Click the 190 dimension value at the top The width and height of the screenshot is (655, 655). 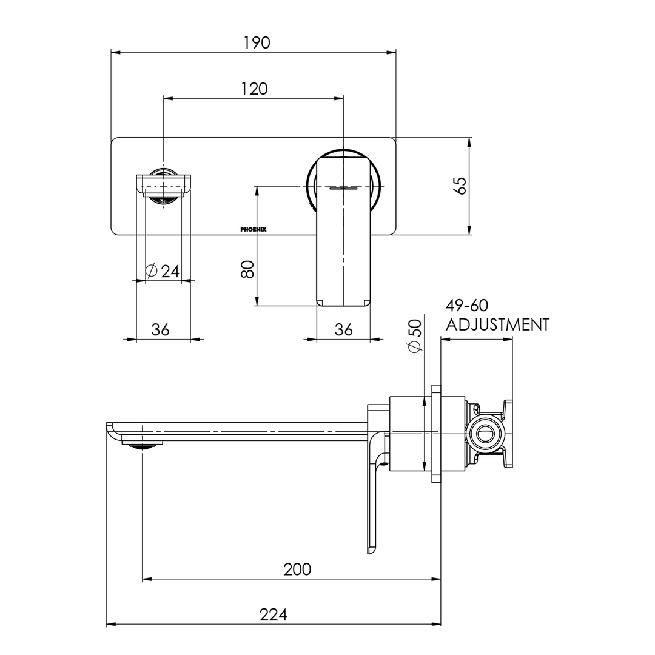257,42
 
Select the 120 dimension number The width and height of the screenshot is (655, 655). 254,89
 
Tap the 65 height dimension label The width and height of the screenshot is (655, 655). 461,186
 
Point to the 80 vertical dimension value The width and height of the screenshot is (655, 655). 247,269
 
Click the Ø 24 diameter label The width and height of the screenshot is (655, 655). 163,270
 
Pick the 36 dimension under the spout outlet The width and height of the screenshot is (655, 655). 160,329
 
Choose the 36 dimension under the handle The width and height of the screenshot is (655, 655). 343,329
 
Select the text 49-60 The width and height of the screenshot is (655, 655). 466,305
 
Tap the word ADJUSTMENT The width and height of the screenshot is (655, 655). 497,324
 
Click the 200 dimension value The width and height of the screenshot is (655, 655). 297,569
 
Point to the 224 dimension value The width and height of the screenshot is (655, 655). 274,614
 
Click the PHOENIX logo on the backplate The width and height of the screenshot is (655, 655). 253,230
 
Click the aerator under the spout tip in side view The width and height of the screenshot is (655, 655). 143,445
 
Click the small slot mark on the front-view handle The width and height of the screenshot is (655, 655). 343,189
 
